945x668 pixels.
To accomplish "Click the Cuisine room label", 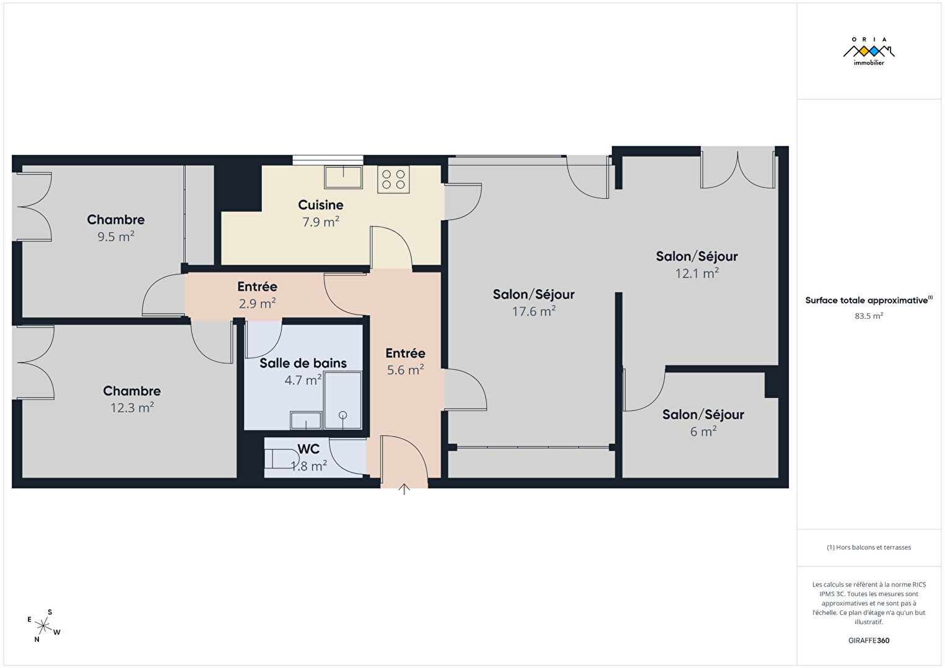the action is click(321, 205).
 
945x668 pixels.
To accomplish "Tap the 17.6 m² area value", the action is click(534, 311).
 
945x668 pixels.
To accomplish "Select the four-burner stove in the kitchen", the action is click(393, 180).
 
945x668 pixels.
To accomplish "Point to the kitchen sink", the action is click(344, 177).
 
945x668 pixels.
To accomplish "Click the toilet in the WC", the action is click(281, 458).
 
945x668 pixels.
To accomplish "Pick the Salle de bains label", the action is click(303, 363).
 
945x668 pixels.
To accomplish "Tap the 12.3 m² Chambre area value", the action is click(132, 408).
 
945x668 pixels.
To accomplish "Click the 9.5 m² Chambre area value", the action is click(116, 236).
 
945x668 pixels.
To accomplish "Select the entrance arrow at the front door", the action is click(404, 488).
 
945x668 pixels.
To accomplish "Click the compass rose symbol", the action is click(43, 626).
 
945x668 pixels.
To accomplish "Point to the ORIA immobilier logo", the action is click(869, 51).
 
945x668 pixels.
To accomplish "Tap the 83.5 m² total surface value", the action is click(869, 316).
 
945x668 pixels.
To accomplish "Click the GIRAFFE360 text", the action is click(869, 640).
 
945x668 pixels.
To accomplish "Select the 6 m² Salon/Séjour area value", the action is click(703, 432).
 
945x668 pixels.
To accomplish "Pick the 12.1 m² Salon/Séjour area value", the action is click(697, 273).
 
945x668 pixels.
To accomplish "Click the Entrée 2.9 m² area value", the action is click(258, 303).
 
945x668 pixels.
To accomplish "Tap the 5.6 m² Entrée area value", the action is click(406, 370).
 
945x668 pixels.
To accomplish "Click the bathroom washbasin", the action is click(306, 420).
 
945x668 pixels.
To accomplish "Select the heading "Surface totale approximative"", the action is click(866, 300).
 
